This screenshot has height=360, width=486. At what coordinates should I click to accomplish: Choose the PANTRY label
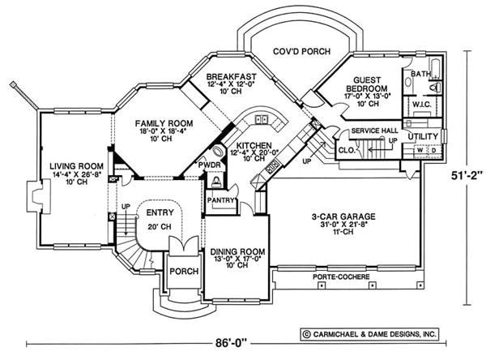(x=220, y=199)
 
